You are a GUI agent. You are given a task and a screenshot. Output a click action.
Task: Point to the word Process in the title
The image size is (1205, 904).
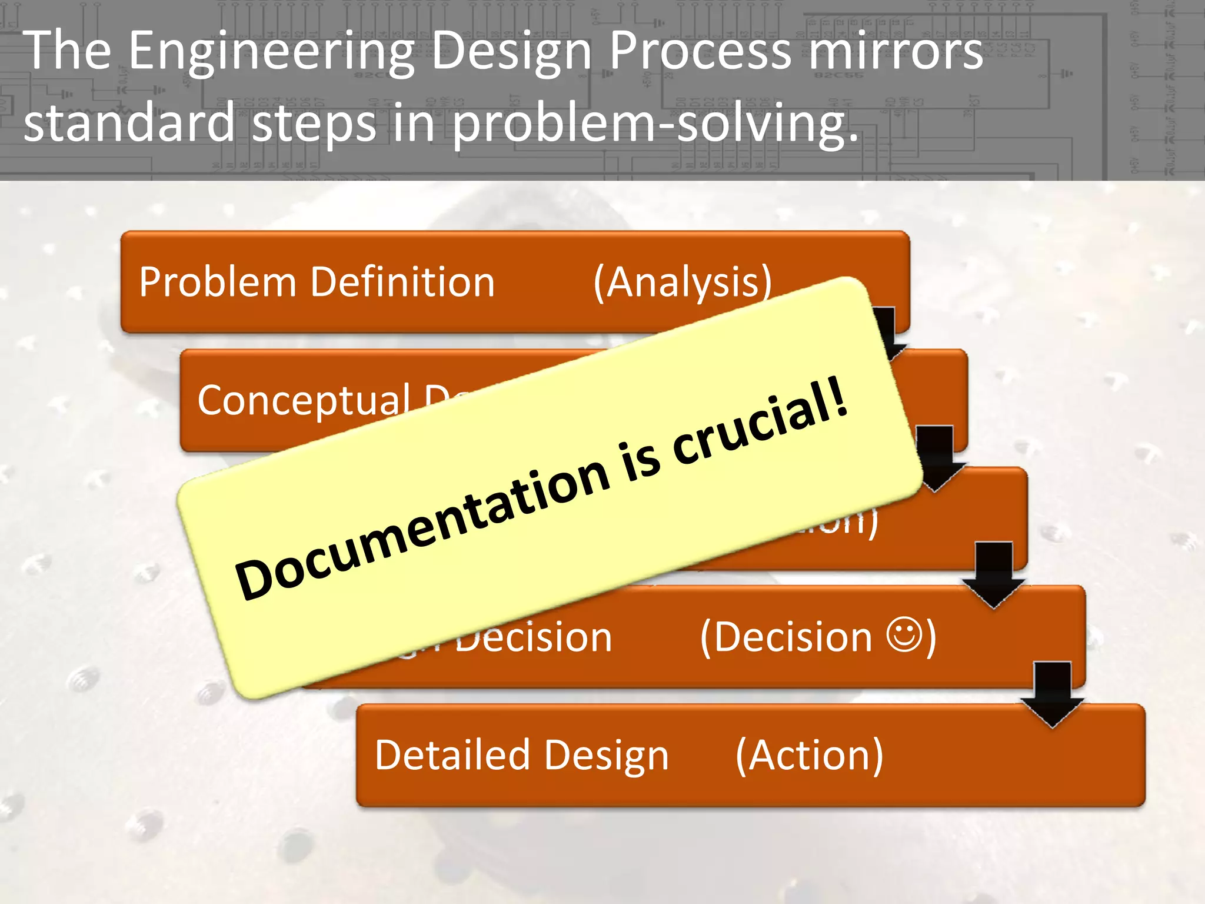pos(700,52)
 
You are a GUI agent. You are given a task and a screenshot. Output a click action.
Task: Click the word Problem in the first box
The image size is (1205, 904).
pos(217,282)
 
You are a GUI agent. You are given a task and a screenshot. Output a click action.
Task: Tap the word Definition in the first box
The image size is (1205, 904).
pos(402,282)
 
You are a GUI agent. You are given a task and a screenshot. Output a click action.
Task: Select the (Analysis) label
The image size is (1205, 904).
pos(683,283)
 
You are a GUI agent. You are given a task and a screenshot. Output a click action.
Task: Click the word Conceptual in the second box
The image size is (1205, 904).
pos(304,400)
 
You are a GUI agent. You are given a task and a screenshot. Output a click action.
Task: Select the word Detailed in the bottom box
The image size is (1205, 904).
pos(444,755)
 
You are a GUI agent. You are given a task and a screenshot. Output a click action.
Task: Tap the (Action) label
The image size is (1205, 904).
pos(809,755)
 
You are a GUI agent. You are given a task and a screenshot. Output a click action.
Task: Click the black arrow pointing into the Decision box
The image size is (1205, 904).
pos(994,574)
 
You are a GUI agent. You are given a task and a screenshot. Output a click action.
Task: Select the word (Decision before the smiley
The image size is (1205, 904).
pos(785,637)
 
